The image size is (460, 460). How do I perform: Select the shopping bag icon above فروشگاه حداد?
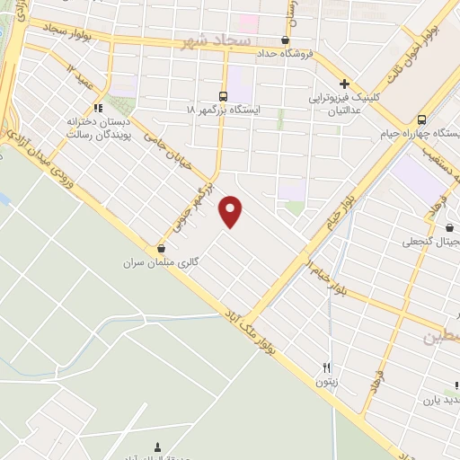(286, 40)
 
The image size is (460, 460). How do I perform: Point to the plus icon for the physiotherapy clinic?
(342, 83)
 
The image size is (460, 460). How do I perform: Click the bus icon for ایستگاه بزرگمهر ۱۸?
(223, 95)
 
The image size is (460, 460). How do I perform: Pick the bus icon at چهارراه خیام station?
(422, 119)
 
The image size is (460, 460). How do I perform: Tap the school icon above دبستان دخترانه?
(99, 107)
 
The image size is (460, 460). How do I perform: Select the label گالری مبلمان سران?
(162, 262)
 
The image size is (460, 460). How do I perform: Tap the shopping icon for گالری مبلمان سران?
(162, 249)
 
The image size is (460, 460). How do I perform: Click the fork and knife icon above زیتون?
(328, 367)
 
